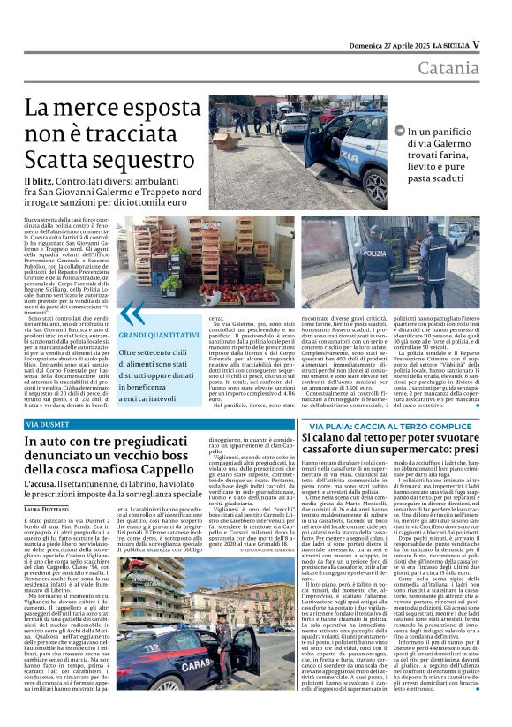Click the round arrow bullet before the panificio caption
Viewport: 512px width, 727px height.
tap(401, 132)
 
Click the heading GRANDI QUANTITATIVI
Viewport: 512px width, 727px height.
tap(159, 336)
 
